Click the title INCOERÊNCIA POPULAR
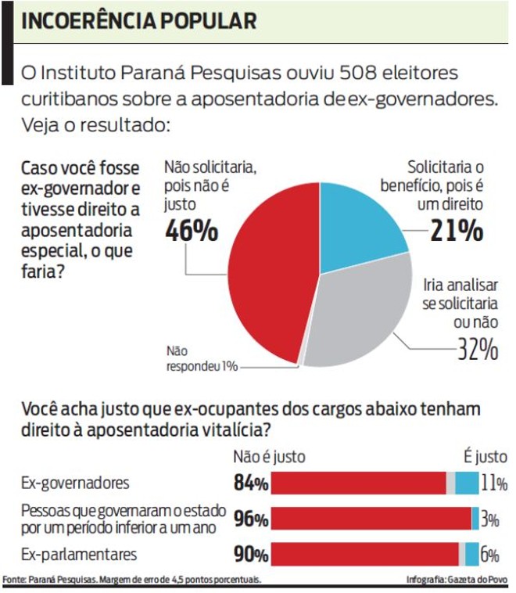[138, 21]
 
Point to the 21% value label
[457, 231]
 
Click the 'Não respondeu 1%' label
[199, 359]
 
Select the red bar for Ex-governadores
[359, 483]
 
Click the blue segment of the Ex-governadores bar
[467, 483]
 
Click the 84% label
[251, 484]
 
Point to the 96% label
[251, 519]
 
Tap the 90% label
[251, 555]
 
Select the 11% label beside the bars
[493, 483]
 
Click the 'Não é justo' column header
[269, 457]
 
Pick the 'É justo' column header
[485, 457]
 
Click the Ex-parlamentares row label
[79, 555]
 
